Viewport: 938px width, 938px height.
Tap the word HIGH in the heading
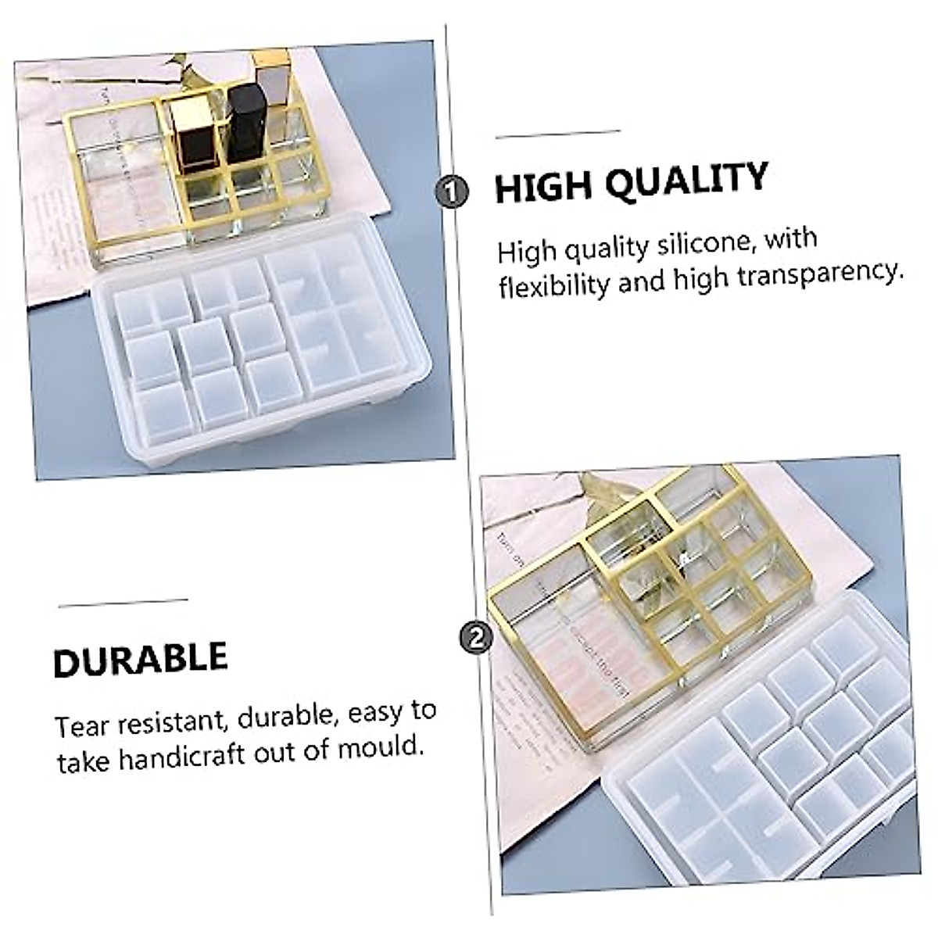(x=539, y=187)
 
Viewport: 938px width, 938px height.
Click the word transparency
(x=817, y=272)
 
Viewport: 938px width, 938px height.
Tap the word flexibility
(x=553, y=285)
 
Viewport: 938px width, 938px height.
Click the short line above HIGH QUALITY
(x=557, y=135)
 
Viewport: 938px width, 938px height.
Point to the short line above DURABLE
(x=123, y=602)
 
